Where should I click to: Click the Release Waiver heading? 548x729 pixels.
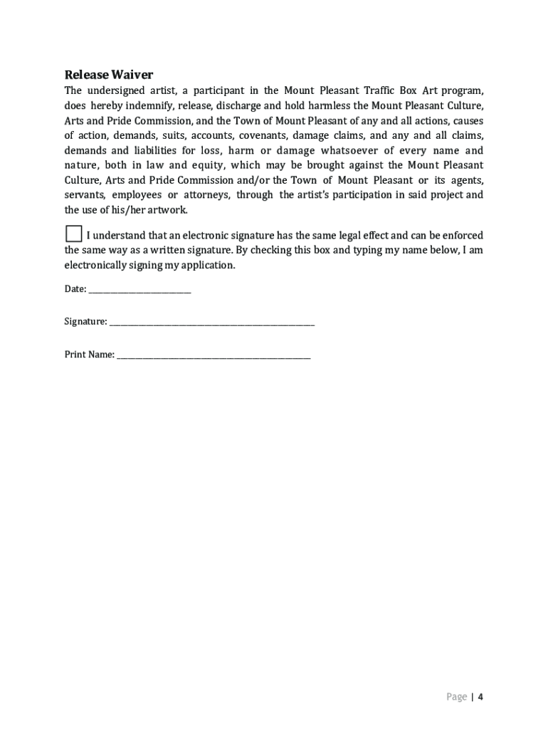click(x=109, y=75)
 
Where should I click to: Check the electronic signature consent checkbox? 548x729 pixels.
click(x=73, y=234)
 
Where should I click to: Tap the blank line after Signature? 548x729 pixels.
click(x=211, y=322)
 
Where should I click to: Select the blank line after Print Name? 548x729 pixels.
click(x=214, y=355)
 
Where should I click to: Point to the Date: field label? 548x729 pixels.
click(x=75, y=289)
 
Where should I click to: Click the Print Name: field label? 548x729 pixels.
click(x=90, y=355)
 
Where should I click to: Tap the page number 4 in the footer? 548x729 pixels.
click(x=480, y=696)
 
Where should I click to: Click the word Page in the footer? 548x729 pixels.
click(x=457, y=696)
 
